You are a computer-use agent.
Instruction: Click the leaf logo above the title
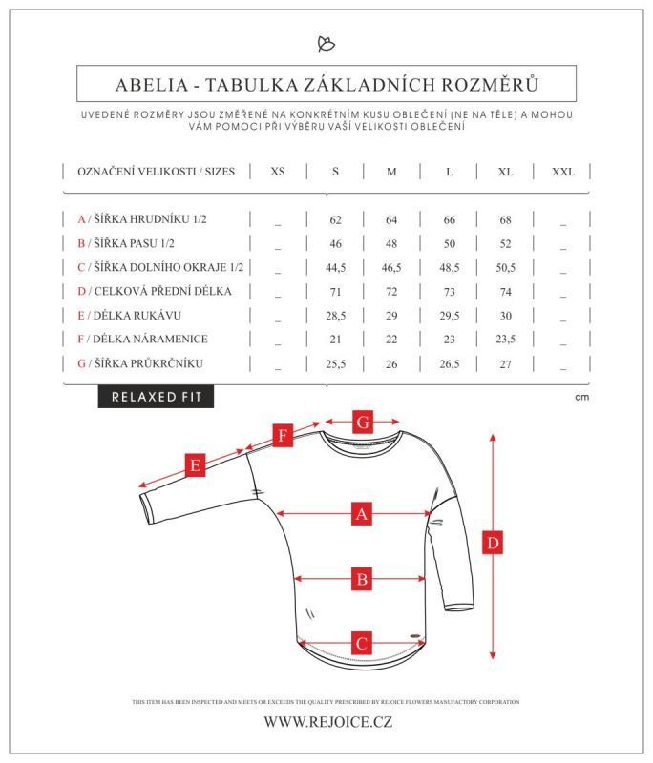(x=326, y=44)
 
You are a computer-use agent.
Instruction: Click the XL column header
(x=505, y=172)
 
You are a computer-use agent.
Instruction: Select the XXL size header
(x=563, y=172)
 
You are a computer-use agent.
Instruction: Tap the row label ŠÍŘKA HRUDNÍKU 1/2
(x=142, y=219)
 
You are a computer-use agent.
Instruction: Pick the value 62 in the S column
(x=335, y=219)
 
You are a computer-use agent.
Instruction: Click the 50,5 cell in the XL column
(x=505, y=267)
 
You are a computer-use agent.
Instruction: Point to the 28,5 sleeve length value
(x=335, y=315)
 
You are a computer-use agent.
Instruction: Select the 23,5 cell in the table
(x=505, y=339)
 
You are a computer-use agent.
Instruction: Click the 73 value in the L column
(x=449, y=291)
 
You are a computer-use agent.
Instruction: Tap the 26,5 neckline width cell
(x=449, y=363)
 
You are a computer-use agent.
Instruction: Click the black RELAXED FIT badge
(x=156, y=397)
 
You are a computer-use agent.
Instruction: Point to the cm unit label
(x=582, y=397)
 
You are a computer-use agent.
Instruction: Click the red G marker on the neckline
(x=362, y=422)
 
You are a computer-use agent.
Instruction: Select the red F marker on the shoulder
(x=282, y=437)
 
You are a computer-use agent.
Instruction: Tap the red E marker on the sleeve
(x=195, y=466)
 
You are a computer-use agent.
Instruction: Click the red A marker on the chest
(x=361, y=514)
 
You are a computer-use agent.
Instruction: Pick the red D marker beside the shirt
(x=493, y=544)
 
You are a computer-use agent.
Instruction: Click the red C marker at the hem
(x=361, y=643)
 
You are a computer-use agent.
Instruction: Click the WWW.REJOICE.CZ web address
(x=327, y=722)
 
